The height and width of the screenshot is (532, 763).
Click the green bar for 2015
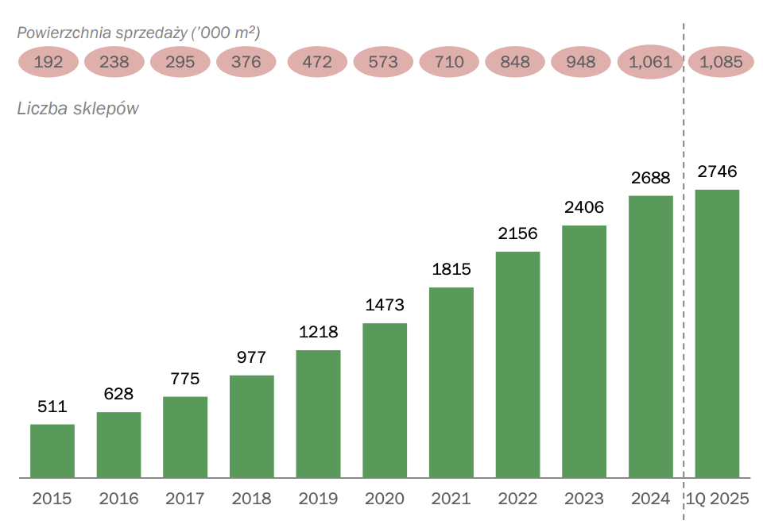click(52, 451)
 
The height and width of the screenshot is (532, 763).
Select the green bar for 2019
click(318, 414)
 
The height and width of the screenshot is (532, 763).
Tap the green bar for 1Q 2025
click(717, 333)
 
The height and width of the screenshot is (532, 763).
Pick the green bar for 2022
click(517, 364)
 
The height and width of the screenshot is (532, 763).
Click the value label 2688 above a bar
click(651, 179)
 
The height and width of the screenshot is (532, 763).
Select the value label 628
click(118, 395)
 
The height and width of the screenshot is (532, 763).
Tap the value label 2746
click(717, 172)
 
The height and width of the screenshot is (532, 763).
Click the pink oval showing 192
click(48, 62)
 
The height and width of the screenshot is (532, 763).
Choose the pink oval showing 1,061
click(650, 62)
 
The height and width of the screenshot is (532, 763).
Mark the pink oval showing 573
click(384, 62)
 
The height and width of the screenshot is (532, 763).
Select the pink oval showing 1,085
click(721, 62)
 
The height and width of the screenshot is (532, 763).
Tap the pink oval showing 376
click(246, 62)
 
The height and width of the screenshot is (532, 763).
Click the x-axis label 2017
click(185, 499)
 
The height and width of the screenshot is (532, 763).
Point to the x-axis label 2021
click(451, 499)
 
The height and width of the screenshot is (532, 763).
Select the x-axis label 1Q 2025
click(718, 499)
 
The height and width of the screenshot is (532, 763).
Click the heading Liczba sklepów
click(78, 109)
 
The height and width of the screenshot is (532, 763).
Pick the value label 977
click(251, 358)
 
